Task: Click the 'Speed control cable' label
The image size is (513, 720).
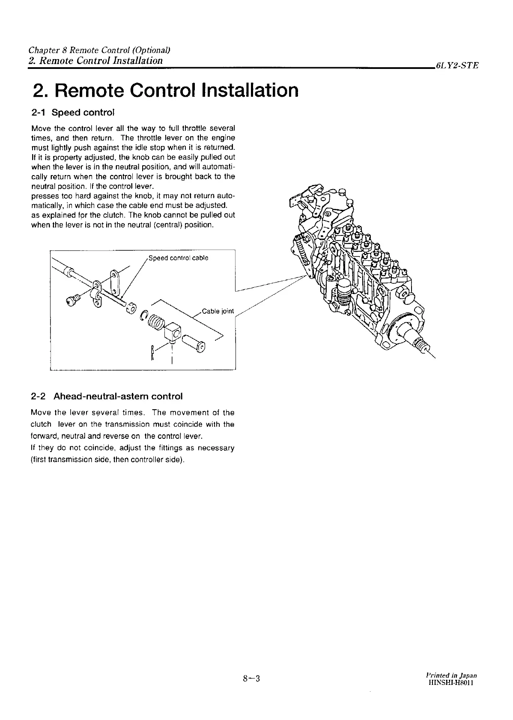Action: (178, 258)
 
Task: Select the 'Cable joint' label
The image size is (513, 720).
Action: (218, 311)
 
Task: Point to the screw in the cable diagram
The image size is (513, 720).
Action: (73, 301)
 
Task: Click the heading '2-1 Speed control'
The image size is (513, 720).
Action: (73, 113)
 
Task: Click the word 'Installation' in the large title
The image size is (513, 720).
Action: (250, 90)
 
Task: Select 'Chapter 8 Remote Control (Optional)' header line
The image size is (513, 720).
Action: (99, 50)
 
